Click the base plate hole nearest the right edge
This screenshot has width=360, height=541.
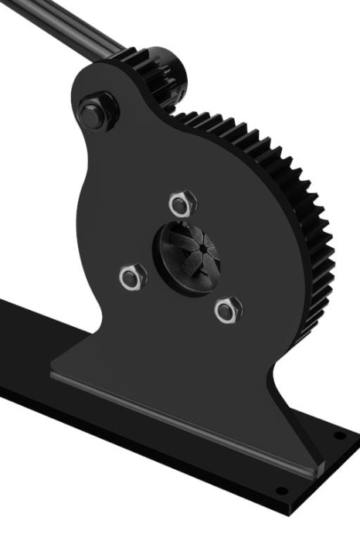click(x=340, y=436)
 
